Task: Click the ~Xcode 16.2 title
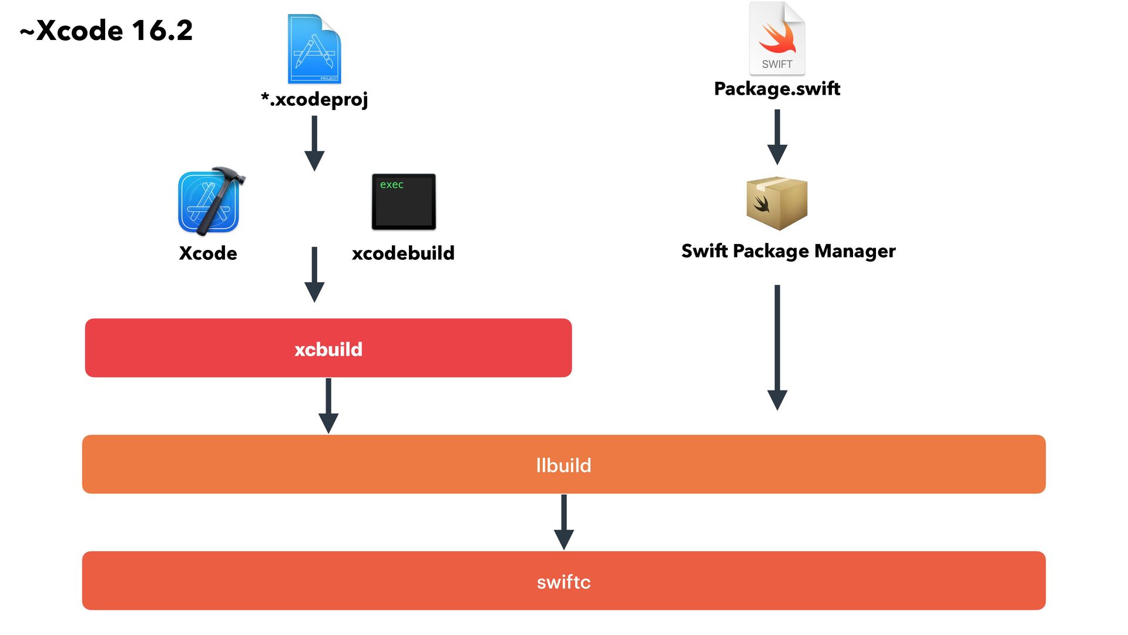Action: click(x=106, y=31)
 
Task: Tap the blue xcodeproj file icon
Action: click(x=314, y=49)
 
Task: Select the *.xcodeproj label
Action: click(x=314, y=99)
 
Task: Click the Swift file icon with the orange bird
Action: click(x=777, y=39)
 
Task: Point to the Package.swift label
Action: click(x=777, y=88)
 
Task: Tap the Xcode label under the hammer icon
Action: click(x=208, y=253)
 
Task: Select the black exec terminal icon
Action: click(x=404, y=202)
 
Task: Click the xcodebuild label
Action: click(x=403, y=253)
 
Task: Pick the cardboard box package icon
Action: click(x=777, y=203)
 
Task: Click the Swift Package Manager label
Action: click(x=788, y=251)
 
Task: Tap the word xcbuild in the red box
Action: click(x=328, y=349)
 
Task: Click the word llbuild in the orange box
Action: click(x=563, y=465)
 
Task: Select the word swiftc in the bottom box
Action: click(x=563, y=581)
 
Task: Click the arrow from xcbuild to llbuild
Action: click(x=328, y=406)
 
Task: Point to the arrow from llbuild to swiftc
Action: click(x=564, y=522)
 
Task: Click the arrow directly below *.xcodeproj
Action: click(x=314, y=143)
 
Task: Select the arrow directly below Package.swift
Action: click(x=777, y=137)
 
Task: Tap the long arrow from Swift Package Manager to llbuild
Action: click(x=777, y=347)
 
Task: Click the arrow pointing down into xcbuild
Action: click(x=314, y=275)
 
